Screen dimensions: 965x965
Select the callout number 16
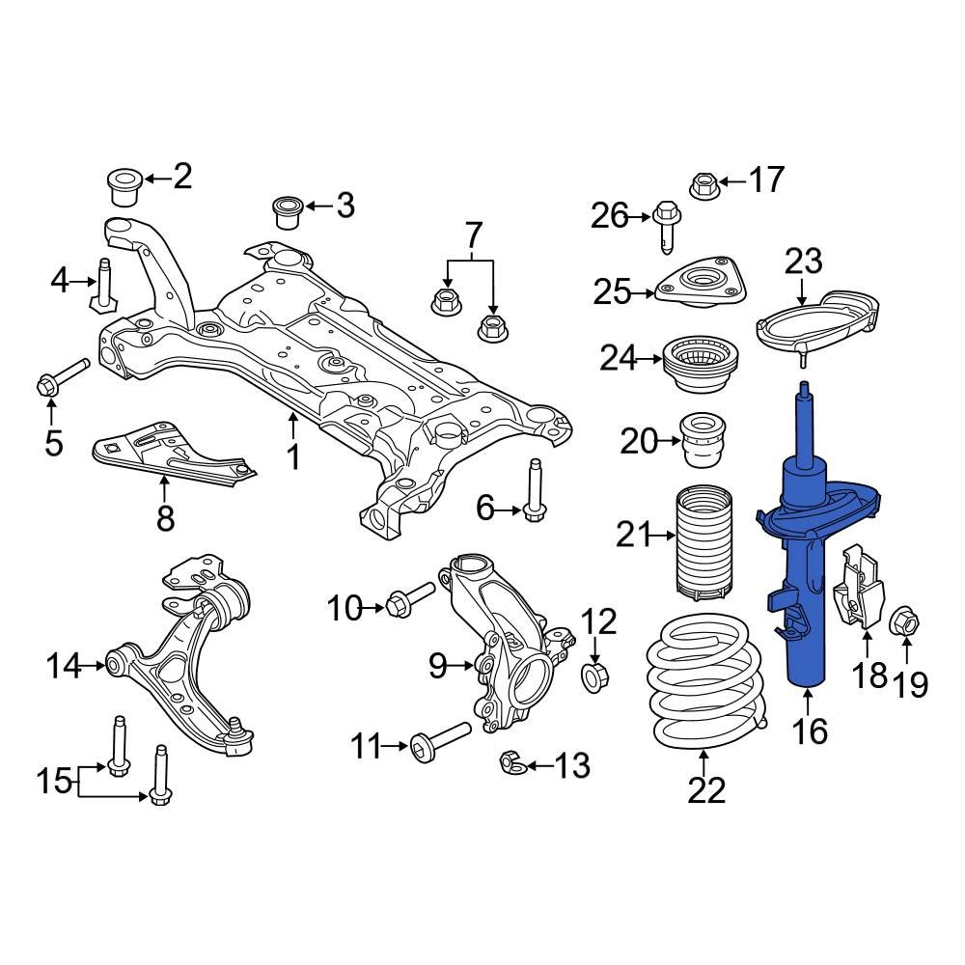tap(811, 731)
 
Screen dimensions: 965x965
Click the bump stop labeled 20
tap(703, 441)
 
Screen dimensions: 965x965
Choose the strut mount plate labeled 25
tap(702, 285)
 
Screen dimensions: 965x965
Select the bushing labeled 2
tap(124, 185)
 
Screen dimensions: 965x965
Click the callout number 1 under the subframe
tap(292, 455)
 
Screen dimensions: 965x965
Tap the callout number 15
tap(56, 780)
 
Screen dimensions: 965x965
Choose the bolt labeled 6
tap(534, 492)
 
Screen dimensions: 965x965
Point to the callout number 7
tap(473, 234)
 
